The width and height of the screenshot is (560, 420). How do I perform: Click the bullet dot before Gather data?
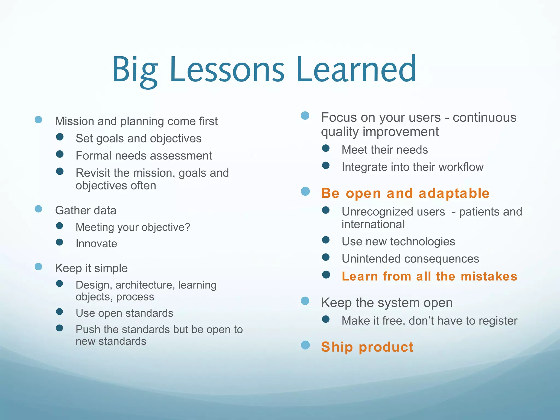click(39, 209)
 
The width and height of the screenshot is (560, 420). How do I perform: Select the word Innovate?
click(96, 244)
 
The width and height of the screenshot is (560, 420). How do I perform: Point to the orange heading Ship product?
click(367, 347)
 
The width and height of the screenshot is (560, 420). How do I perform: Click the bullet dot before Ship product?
click(305, 345)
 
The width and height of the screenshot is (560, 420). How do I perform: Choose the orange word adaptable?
click(454, 193)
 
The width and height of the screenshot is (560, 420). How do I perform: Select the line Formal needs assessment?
click(144, 156)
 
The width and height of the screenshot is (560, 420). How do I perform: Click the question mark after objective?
click(187, 227)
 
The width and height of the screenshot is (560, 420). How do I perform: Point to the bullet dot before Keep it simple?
click(39, 267)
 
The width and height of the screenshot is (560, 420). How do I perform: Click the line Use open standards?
click(124, 313)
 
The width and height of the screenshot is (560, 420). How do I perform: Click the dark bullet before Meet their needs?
click(326, 148)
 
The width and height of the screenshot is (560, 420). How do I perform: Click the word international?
click(373, 224)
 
